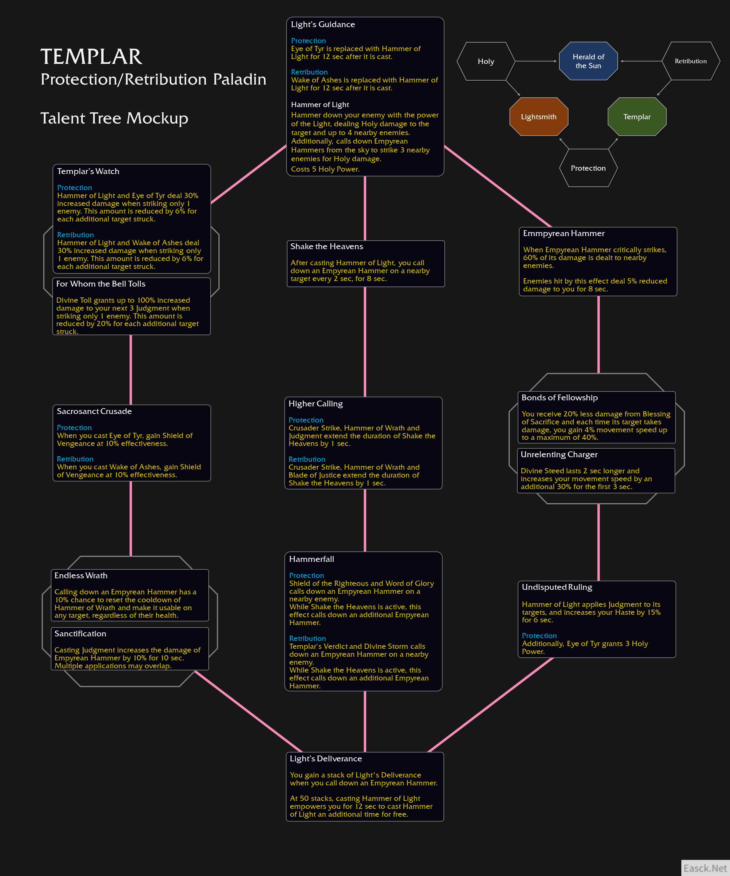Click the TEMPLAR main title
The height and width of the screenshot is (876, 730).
point(91,57)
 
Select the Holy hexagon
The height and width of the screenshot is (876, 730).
point(486,61)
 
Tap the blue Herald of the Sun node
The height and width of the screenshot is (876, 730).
point(588,61)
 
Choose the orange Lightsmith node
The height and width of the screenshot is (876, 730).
point(539,117)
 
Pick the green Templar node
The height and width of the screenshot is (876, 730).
point(637,117)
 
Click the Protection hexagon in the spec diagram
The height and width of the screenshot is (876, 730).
point(588,168)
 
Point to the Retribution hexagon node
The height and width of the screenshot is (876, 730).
point(691,61)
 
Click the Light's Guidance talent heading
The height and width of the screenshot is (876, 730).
point(323,25)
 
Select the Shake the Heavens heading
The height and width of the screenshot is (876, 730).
point(327,247)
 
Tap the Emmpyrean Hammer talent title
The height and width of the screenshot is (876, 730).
point(564,234)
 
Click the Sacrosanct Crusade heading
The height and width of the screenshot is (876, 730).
point(94,411)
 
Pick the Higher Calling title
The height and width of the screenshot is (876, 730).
point(315,404)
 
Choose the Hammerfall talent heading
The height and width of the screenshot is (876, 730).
point(311,559)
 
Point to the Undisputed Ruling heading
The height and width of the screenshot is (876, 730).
point(557,587)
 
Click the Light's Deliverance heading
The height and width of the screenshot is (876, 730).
point(326,759)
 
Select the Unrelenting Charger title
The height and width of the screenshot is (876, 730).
point(559,455)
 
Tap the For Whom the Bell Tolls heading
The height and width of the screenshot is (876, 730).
point(101,284)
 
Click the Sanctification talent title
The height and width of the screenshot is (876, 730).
point(80,634)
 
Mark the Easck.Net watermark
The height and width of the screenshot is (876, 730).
point(705,868)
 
